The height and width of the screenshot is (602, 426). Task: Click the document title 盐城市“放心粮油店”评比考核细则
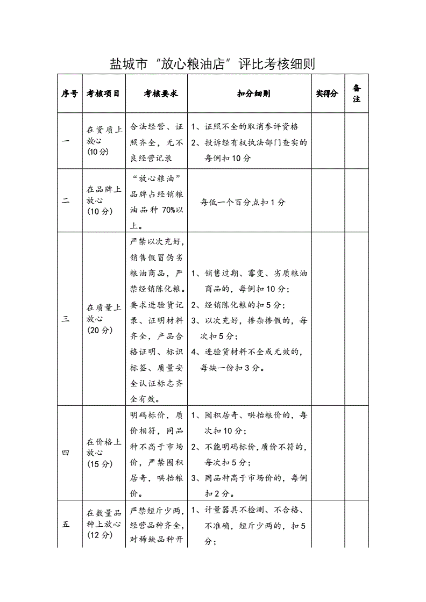212,64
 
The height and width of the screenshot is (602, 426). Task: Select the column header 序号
70,94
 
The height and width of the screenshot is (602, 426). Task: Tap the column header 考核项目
104,94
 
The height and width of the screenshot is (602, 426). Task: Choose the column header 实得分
327,94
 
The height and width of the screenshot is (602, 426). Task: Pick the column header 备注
356,94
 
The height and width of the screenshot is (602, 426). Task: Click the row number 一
66,141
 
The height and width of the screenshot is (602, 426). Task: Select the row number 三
66,319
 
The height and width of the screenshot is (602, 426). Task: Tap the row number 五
66,525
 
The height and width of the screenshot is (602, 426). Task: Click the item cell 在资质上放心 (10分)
104,141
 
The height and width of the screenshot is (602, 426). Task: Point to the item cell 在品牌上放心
104,200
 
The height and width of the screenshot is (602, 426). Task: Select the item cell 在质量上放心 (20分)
104,319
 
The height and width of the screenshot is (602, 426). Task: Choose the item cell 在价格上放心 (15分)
104,453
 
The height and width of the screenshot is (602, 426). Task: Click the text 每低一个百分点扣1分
243,203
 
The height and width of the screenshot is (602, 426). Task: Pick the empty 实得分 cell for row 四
328,453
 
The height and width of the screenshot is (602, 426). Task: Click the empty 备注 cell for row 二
356,200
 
